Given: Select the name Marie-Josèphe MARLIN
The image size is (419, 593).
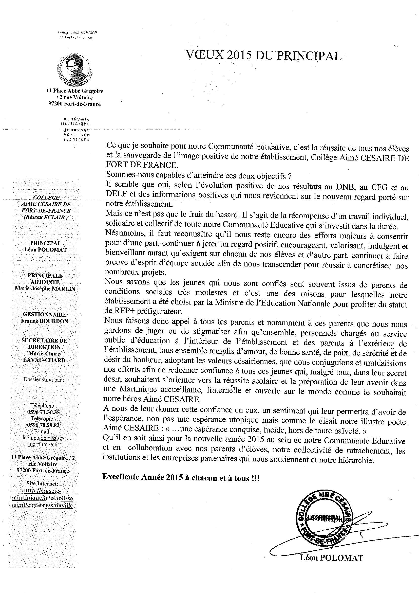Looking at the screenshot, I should click(45, 289).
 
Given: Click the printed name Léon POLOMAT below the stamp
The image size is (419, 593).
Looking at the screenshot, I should click(331, 558).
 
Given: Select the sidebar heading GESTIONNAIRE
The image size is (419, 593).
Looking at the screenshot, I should click(45, 315).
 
